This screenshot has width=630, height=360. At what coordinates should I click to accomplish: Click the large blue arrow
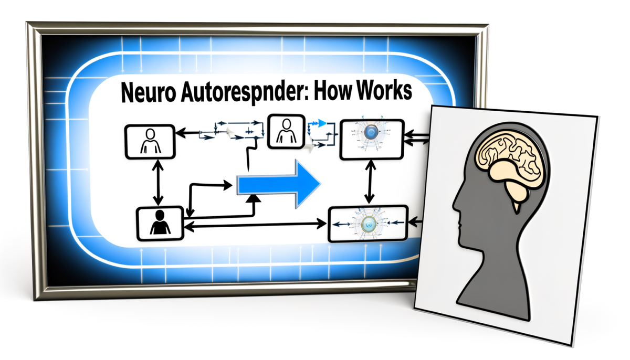279,184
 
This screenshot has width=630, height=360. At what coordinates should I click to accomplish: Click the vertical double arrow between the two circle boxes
369,181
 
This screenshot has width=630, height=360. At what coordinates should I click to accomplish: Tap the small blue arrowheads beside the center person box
316,124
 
